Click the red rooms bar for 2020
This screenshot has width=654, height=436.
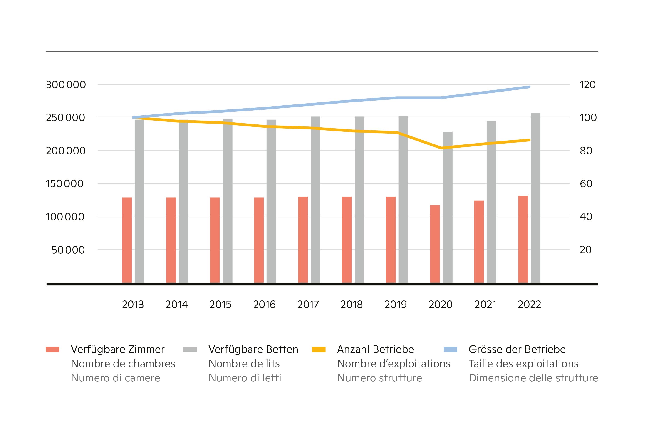[435, 244]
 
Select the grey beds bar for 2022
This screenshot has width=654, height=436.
[535, 198]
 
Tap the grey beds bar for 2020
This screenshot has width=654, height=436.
[447, 207]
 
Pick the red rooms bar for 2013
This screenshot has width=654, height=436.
[127, 240]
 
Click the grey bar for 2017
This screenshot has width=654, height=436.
[315, 200]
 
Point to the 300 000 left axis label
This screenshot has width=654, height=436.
[66, 84]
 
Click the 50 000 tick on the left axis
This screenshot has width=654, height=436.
[68, 250]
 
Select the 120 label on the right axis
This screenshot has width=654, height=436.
[587, 84]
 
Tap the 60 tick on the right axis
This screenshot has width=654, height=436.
[586, 183]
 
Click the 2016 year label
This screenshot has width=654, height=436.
[264, 305]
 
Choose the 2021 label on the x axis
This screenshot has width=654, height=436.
[485, 305]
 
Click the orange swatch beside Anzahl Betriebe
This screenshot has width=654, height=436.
[319, 349]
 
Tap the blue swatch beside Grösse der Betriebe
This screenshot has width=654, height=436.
[451, 349]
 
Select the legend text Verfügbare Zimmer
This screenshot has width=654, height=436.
[118, 349]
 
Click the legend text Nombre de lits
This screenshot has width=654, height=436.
[244, 364]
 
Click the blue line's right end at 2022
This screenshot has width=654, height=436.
[529, 87]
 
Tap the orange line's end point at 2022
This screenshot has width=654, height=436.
[529, 140]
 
